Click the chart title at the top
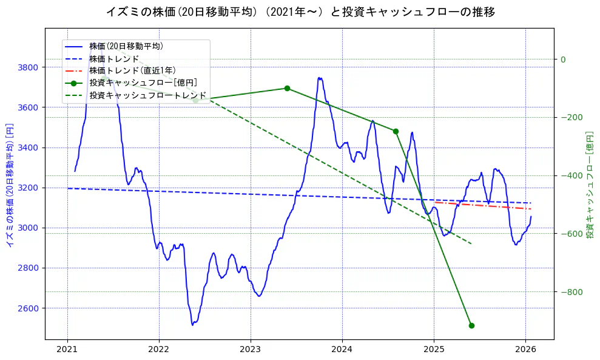300,12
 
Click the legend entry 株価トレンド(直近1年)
132,70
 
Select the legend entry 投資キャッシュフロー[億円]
143,83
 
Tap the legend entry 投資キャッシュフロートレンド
147,95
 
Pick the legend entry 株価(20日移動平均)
126,46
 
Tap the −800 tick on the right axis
571,293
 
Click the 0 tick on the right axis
563,59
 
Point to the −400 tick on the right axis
571,176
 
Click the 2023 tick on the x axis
251,350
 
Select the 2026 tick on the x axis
525,350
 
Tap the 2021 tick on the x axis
67,350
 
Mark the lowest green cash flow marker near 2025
471,325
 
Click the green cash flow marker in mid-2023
287,88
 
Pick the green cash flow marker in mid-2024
396,131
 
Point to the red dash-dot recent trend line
485,205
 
